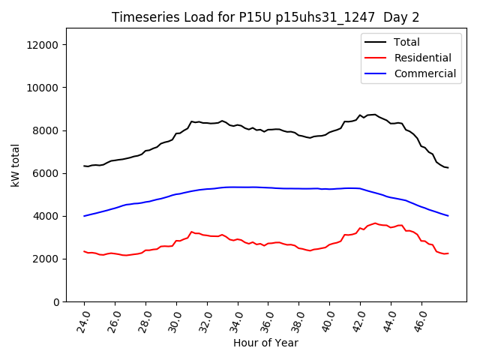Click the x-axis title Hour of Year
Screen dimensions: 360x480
(265, 343)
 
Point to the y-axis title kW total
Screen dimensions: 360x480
(16, 165)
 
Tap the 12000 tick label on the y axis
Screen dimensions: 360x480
(44, 45)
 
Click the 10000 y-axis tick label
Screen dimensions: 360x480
(44, 88)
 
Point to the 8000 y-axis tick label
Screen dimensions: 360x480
(47, 130)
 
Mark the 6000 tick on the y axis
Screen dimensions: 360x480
(47, 173)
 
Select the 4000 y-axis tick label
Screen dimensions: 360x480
(47, 216)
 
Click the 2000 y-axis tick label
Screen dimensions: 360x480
(47, 259)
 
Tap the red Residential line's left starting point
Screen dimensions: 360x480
(84, 251)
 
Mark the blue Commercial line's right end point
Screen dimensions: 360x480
(448, 216)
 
